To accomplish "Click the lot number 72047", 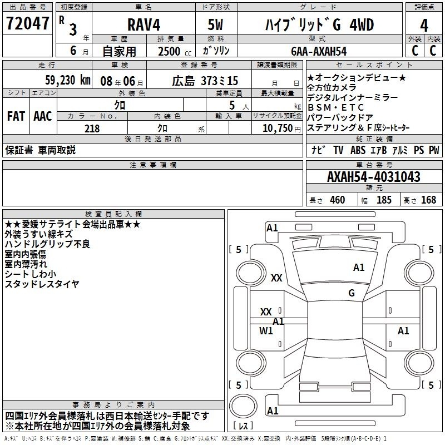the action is pyautogui.click(x=27, y=23).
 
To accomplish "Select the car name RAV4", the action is pyautogui.click(x=144, y=24).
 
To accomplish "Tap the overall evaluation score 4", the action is pyautogui.click(x=424, y=26).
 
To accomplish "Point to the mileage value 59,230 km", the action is pyautogui.click(x=67, y=80).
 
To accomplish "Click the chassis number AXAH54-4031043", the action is pyautogui.click(x=374, y=177).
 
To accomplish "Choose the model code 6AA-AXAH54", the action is pyautogui.click(x=319, y=51).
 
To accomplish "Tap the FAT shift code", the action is pyautogui.click(x=16, y=116).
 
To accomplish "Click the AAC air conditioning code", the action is pyautogui.click(x=43, y=116).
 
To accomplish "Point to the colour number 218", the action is pyautogui.click(x=92, y=128).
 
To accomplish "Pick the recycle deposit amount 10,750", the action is pyautogui.click(x=278, y=128).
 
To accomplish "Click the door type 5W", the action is pyautogui.click(x=215, y=24).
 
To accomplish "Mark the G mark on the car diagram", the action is pyautogui.click(x=352, y=293).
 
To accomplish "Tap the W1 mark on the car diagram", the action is pyautogui.click(x=266, y=330).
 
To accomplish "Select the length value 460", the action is pyautogui.click(x=338, y=200).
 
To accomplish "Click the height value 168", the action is pyautogui.click(x=428, y=200).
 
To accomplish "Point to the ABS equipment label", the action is pyautogui.click(x=358, y=150).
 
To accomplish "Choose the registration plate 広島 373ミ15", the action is pyautogui.click(x=205, y=81).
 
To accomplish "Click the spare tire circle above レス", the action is pyautogui.click(x=243, y=406).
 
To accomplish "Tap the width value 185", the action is pyautogui.click(x=384, y=200).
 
